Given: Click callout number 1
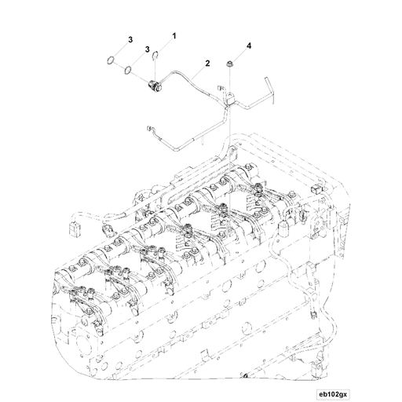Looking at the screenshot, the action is [174, 36].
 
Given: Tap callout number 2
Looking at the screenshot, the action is [207, 64].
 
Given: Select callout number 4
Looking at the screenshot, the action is [249, 46].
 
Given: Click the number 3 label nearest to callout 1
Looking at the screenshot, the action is [148, 49].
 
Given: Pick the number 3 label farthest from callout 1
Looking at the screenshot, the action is [130, 40].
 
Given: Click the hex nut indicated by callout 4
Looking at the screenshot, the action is [229, 64].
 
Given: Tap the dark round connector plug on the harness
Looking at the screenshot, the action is [152, 86].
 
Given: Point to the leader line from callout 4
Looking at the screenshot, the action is [239, 56].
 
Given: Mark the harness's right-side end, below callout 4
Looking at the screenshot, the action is [269, 90].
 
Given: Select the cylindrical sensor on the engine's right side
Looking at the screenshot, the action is [283, 228].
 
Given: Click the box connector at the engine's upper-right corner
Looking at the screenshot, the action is [316, 190].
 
